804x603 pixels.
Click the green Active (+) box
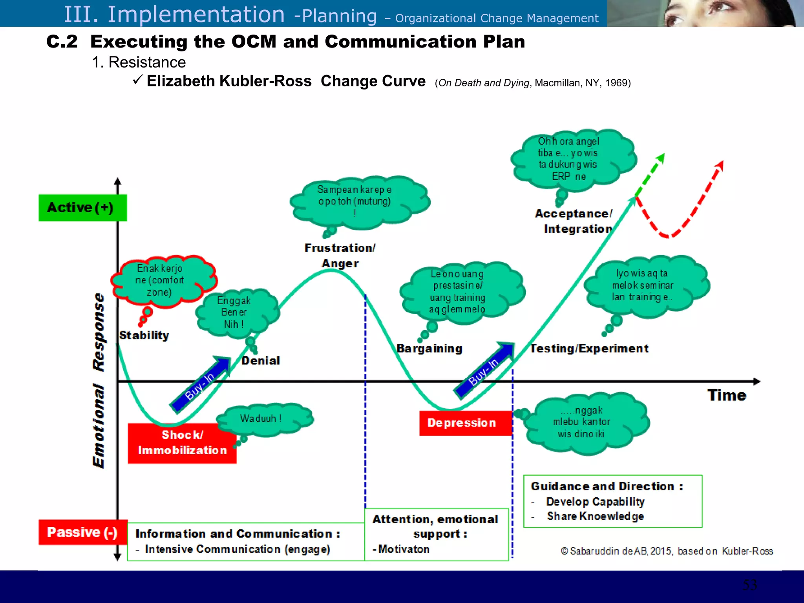coord(82,208)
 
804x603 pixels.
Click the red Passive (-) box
coord(82,532)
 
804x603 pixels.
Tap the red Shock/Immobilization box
coord(182,443)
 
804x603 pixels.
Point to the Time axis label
coord(727,395)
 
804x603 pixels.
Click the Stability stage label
coord(144,335)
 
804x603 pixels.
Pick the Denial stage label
coord(261,361)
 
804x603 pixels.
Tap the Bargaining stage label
coord(429,348)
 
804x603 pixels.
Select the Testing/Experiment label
coord(589,348)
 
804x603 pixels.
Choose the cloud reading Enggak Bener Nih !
coord(236,312)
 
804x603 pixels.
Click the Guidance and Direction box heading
coord(607,486)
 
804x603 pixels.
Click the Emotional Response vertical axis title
coord(99,381)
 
